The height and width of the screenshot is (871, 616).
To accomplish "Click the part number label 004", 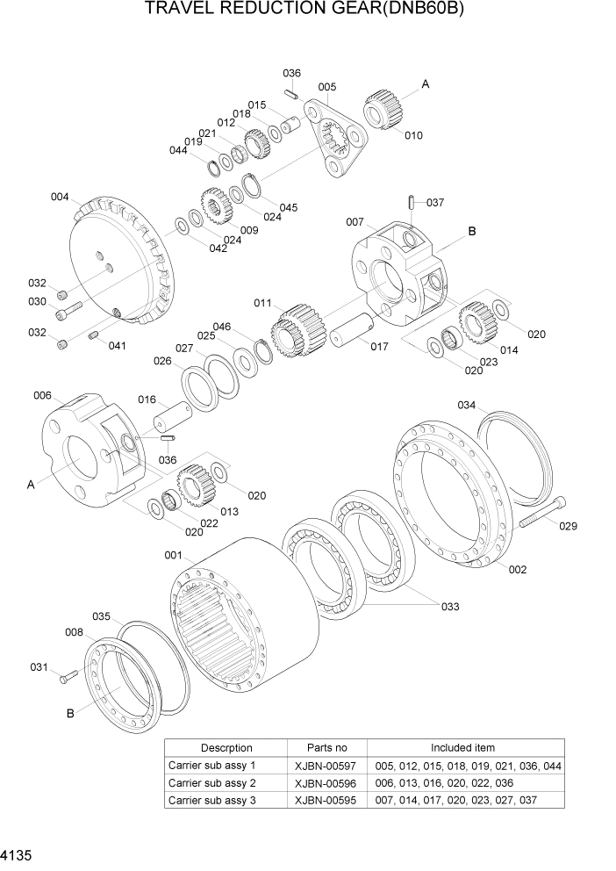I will click(x=60, y=197).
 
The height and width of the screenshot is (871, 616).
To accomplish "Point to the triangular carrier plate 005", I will click(x=337, y=136).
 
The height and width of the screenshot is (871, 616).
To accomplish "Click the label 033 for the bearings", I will click(x=450, y=606).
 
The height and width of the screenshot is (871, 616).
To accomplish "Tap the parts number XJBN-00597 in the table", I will click(x=326, y=766).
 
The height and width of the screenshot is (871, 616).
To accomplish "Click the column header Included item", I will click(x=462, y=747).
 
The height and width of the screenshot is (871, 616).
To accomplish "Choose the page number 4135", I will click(x=17, y=853).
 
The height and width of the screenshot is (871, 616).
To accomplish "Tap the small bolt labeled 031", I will click(x=69, y=674).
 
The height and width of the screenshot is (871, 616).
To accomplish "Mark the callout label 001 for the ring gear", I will click(x=172, y=555).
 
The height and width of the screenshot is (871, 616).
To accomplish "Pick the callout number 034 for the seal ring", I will click(x=467, y=405).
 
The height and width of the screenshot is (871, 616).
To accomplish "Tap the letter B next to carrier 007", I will click(x=472, y=231).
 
